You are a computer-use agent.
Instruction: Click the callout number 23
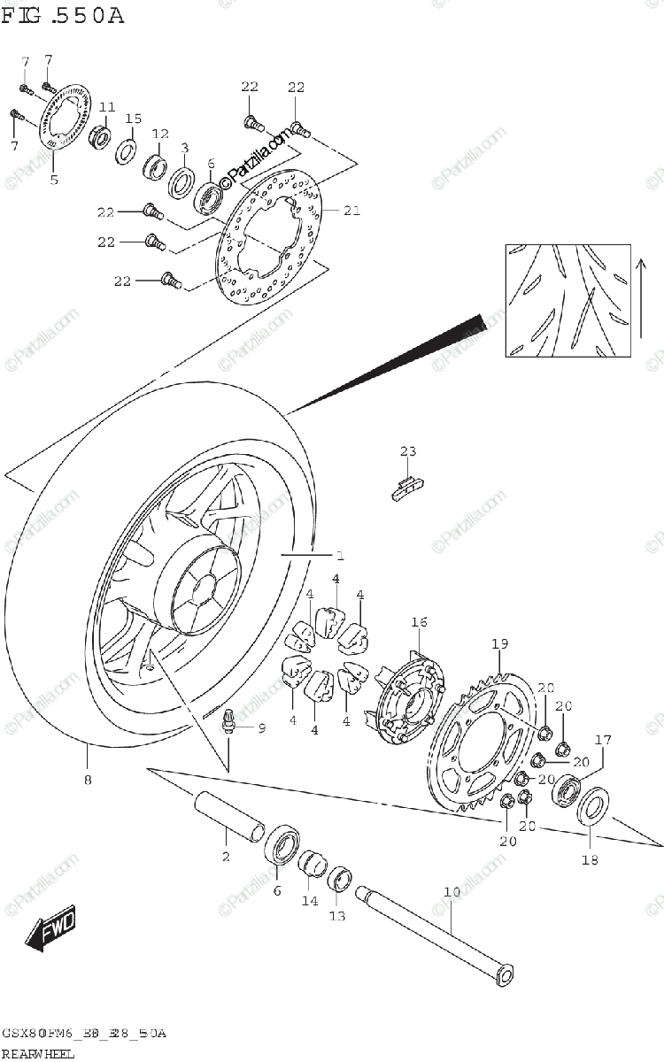coord(406,452)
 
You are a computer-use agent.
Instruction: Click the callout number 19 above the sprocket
coord(499,643)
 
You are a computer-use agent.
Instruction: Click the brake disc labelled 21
coord(270,235)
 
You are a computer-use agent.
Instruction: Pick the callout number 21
coord(351,211)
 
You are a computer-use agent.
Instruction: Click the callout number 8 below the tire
coord(87,781)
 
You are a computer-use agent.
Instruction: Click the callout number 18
coord(591,859)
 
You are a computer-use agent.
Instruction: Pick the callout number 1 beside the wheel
coord(340,556)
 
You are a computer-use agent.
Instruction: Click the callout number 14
coord(309,901)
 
